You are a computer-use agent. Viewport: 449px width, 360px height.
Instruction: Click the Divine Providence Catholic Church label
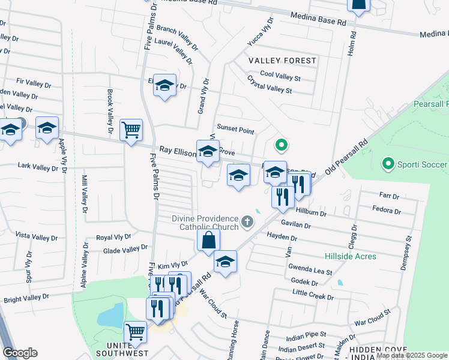pyautogui.click(x=205, y=223)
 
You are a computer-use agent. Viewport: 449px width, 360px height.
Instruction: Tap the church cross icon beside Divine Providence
pyautogui.click(x=247, y=223)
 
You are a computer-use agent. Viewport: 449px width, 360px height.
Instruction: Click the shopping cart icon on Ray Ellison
pyautogui.click(x=131, y=129)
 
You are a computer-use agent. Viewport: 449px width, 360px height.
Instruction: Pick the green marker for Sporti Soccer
pyautogui.click(x=388, y=163)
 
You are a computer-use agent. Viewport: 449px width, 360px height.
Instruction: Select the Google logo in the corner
pyautogui.click(x=20, y=353)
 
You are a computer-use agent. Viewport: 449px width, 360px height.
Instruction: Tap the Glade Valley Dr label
pyautogui.click(x=125, y=249)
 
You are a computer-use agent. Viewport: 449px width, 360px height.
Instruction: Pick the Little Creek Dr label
pyautogui.click(x=312, y=295)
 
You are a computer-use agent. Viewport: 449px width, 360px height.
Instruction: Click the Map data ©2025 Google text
pyautogui.click(x=412, y=355)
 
